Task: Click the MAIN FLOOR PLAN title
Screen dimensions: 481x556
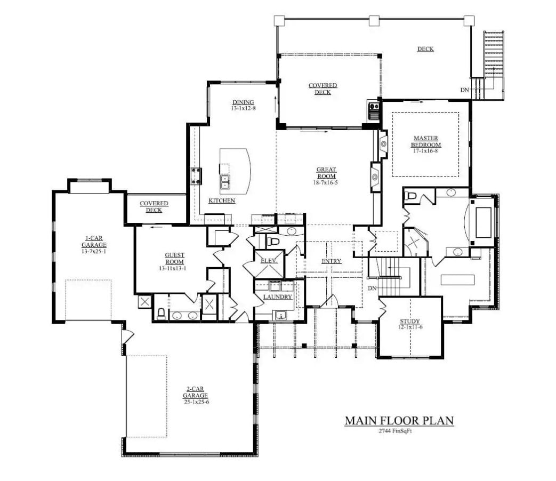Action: tap(399, 420)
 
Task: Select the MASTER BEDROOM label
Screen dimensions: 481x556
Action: tap(426, 141)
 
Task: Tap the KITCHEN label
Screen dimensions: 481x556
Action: tap(222, 201)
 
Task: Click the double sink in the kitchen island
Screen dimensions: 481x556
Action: tap(225, 181)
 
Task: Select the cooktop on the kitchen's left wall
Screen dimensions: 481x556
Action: tap(196, 175)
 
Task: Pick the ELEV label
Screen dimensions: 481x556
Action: tap(268, 261)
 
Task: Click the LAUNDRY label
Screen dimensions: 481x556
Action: tap(277, 296)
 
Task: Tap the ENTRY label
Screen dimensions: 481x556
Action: tap(331, 261)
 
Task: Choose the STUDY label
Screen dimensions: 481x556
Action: tap(410, 321)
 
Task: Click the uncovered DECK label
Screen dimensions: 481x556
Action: tap(425, 49)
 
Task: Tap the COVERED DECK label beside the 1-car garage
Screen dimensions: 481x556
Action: tap(154, 206)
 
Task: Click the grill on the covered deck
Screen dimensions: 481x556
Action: tap(373, 111)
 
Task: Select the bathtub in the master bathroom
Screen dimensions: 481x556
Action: tap(483, 222)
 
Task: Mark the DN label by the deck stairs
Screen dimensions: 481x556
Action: tap(465, 90)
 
